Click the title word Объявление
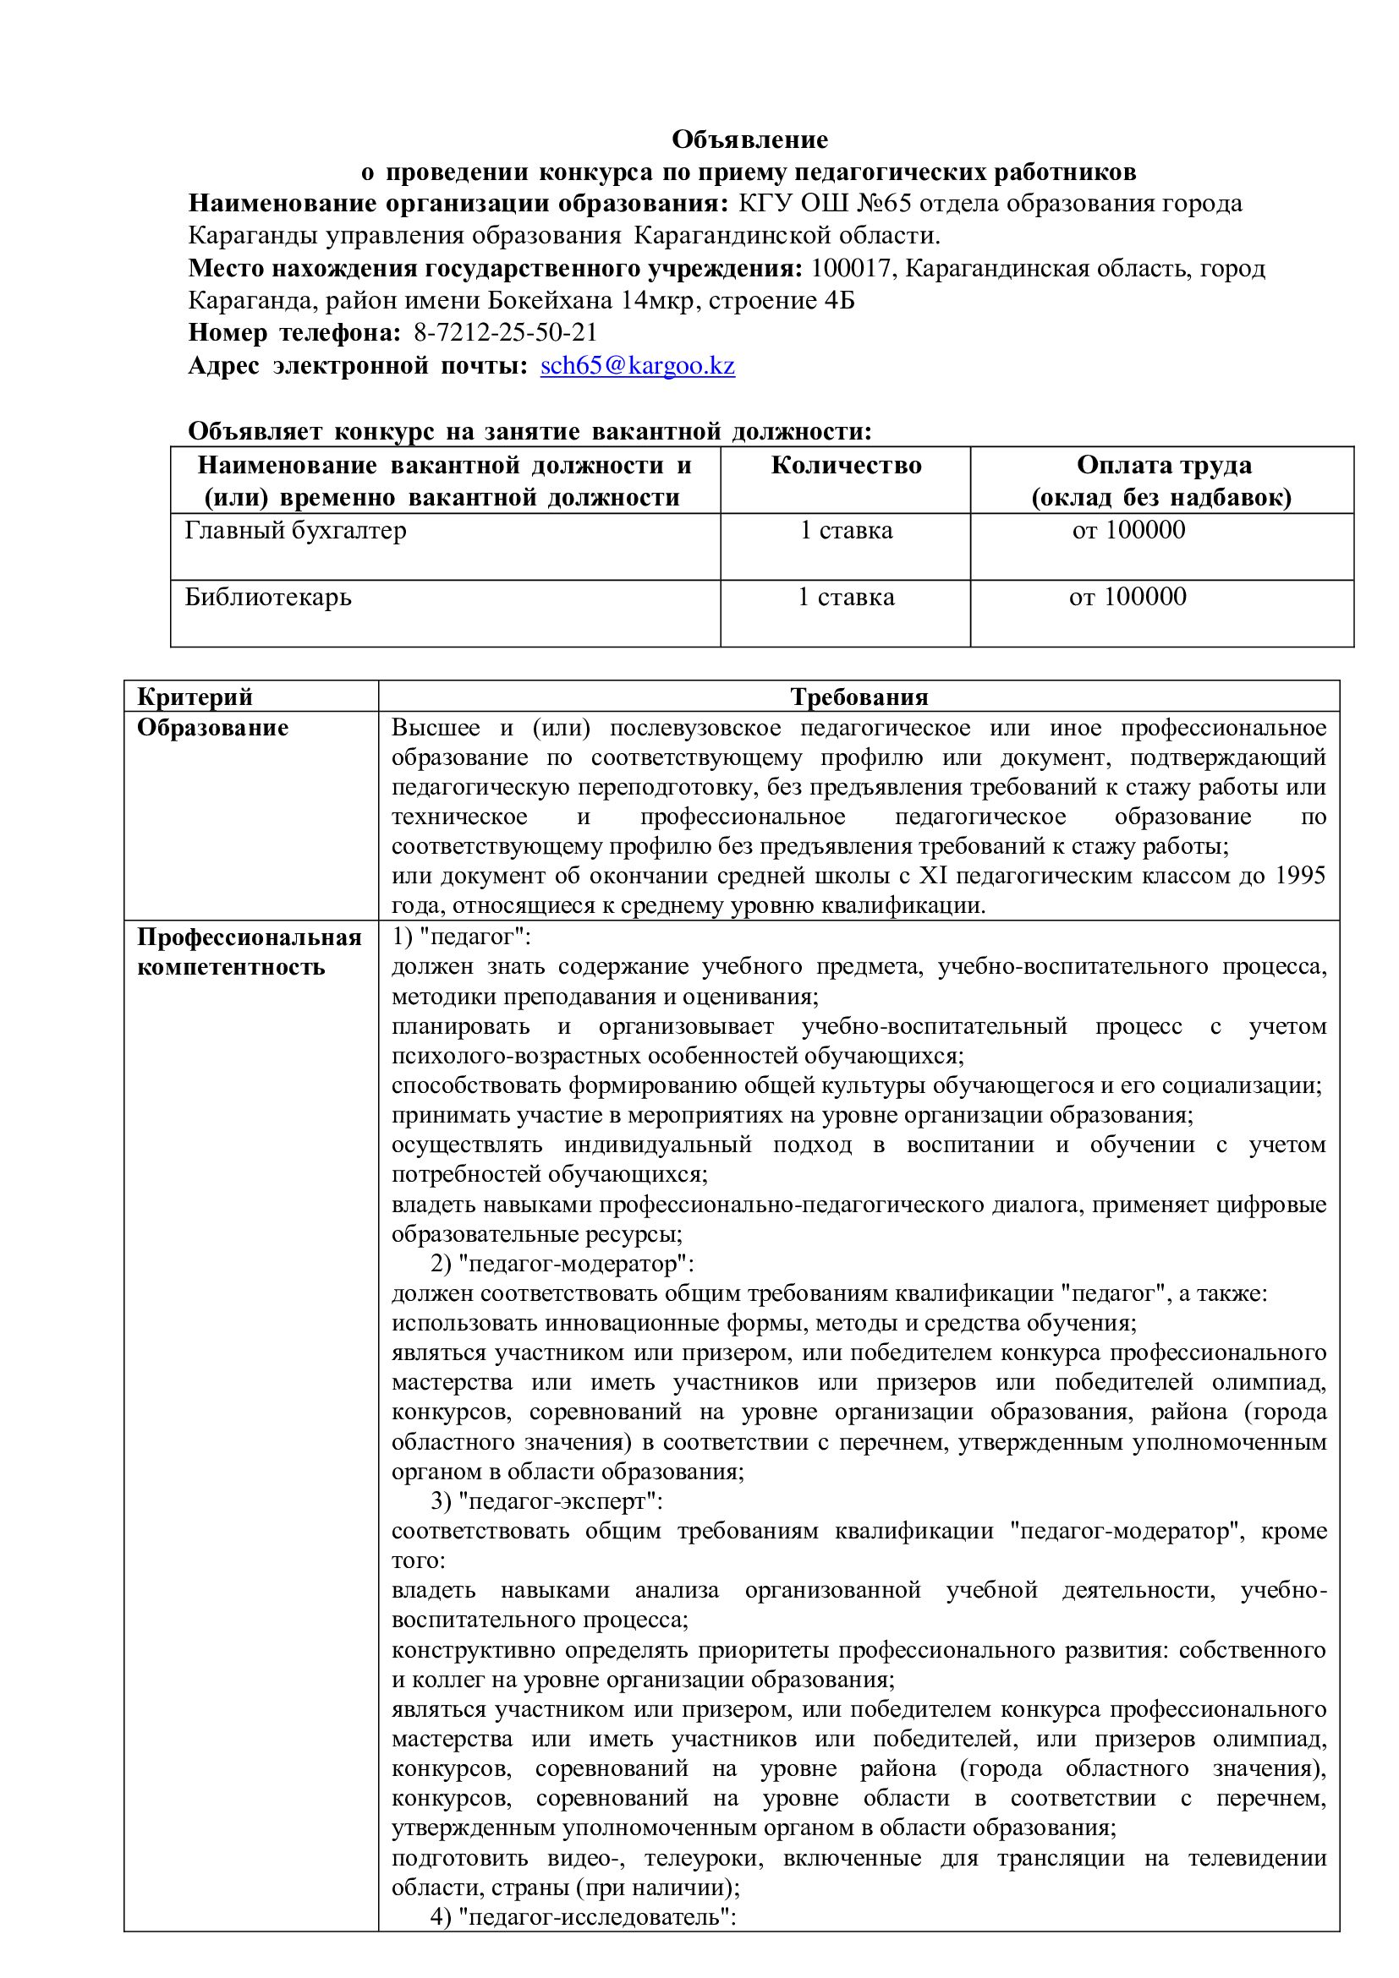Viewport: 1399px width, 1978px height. coord(749,139)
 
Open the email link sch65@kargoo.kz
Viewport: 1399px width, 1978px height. coord(637,365)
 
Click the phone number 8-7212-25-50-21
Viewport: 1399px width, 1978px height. coord(505,332)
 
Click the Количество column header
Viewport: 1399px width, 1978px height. coord(846,465)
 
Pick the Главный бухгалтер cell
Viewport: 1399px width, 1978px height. coord(296,531)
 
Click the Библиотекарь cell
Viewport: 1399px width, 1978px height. coord(268,597)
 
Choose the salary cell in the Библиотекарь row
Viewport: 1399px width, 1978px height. coord(1127,597)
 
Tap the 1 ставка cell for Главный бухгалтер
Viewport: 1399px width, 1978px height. coord(846,531)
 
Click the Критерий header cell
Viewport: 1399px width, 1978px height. coord(195,696)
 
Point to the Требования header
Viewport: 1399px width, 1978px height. coord(859,696)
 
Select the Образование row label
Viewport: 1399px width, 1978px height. coord(213,728)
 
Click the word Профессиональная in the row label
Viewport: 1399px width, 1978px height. coord(250,937)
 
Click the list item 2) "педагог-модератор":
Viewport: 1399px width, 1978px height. coord(562,1264)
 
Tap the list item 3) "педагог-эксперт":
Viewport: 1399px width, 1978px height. coord(546,1500)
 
